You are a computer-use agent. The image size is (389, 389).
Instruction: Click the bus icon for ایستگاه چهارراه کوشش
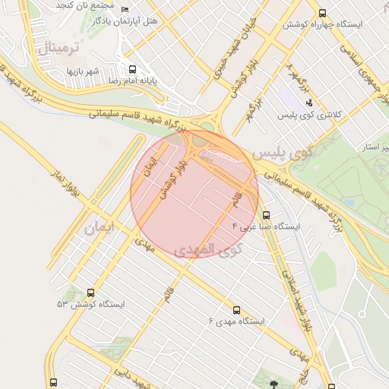pos(323,13)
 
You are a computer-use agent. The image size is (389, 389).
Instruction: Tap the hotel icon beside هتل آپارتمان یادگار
pos(125,10)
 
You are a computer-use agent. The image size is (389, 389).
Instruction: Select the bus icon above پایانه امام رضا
pos(134,68)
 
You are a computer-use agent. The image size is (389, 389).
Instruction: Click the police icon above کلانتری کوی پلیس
pos(309,103)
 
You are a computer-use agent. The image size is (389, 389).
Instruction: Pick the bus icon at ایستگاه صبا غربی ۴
pos(266,215)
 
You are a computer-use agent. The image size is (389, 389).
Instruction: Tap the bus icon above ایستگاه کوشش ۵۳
pos(92,293)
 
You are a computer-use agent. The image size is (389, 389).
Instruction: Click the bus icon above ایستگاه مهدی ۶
pos(236,310)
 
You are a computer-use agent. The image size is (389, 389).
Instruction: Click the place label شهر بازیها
pos(84,71)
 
